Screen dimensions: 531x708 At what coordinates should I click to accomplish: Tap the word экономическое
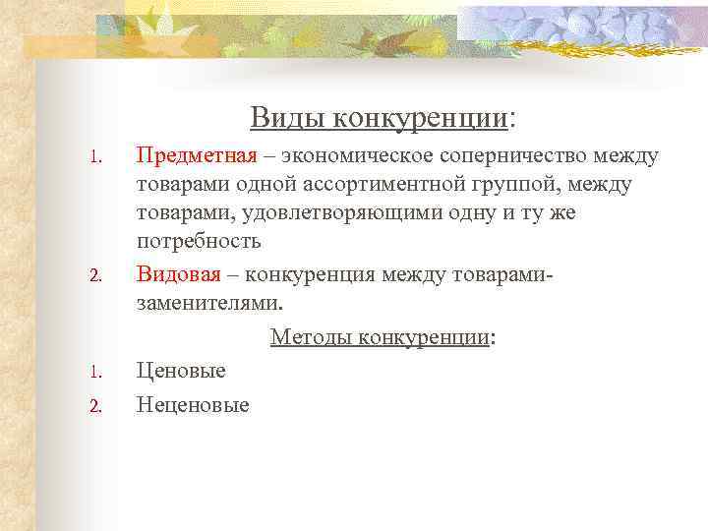point(358,155)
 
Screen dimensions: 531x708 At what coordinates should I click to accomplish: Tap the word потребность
point(199,241)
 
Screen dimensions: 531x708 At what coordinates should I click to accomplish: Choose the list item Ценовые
point(181,371)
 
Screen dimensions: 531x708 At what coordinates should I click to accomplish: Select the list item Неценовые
point(193,404)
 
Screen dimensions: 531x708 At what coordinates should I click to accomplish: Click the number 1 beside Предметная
point(94,157)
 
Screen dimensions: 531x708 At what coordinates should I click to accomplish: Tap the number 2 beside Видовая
point(94,272)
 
